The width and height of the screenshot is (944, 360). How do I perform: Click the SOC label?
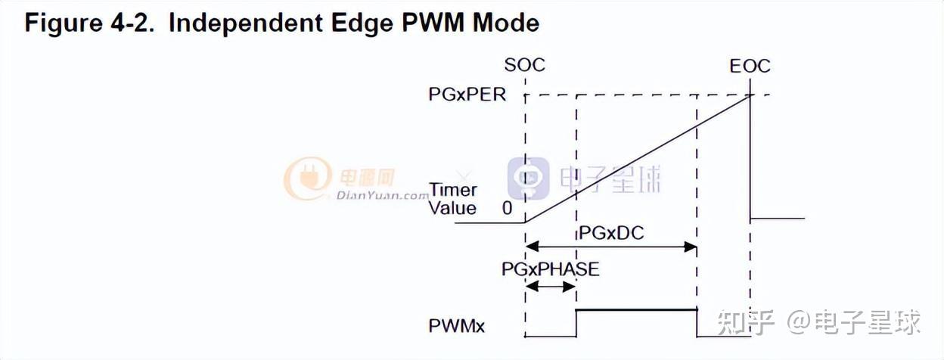tap(524, 65)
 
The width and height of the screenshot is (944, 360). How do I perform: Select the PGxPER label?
tap(467, 95)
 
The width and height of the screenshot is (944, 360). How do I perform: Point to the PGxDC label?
tap(611, 232)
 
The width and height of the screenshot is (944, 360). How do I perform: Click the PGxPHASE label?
tap(551, 268)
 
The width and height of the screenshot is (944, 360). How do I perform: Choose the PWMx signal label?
tap(457, 327)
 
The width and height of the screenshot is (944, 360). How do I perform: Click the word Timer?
tap(453, 190)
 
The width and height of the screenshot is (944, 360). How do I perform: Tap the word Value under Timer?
tap(452, 208)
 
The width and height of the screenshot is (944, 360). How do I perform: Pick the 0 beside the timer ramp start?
tap(507, 208)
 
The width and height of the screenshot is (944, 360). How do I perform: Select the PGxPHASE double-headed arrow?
tap(551, 286)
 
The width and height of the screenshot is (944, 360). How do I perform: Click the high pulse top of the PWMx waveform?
tap(636, 309)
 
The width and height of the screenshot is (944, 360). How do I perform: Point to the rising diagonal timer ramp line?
tap(635, 159)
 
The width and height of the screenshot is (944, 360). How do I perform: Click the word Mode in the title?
tap(506, 23)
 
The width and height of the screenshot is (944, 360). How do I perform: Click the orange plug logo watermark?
tap(306, 178)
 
